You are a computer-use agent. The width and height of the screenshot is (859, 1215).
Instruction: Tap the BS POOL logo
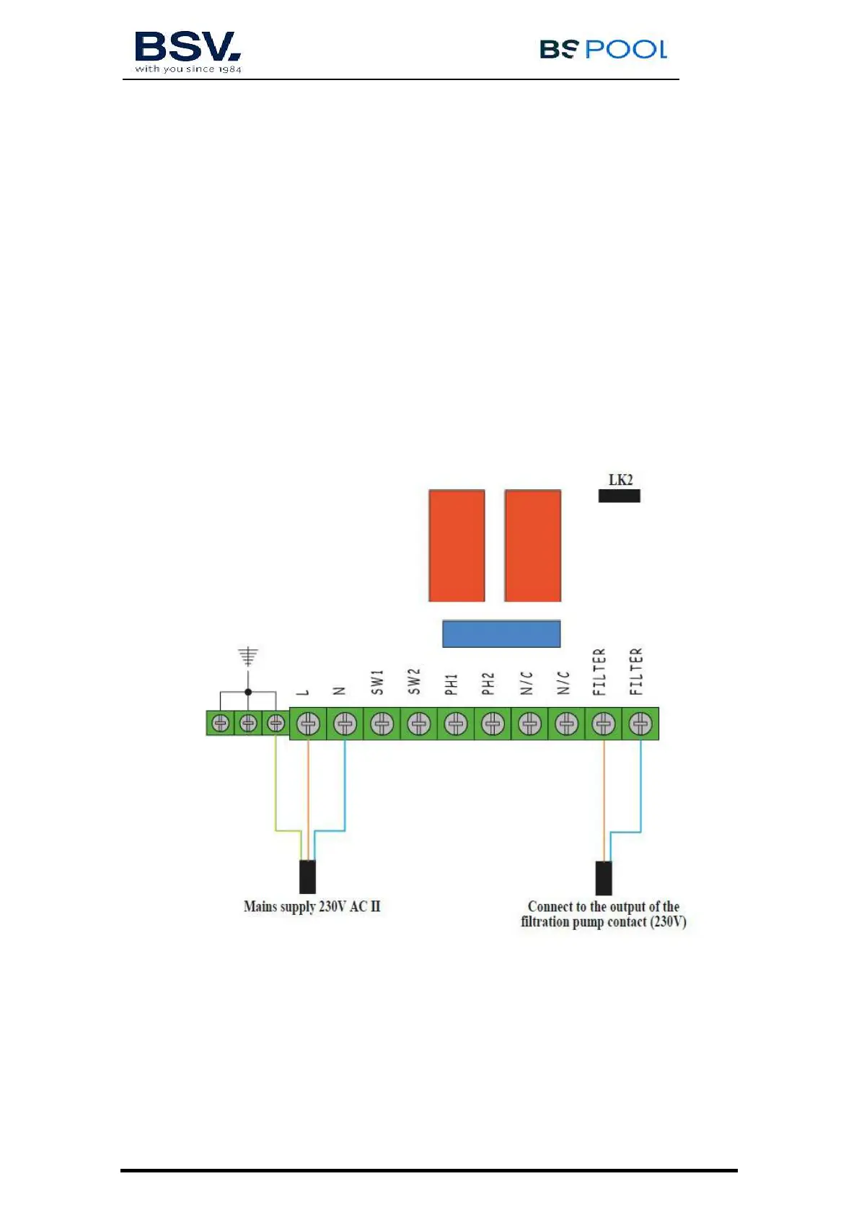click(x=603, y=49)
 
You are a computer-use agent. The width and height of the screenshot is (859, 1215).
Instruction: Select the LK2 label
click(x=620, y=480)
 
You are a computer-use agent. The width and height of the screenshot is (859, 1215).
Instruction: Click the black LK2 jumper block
click(x=619, y=496)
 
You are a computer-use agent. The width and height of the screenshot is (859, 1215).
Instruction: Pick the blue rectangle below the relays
click(x=501, y=633)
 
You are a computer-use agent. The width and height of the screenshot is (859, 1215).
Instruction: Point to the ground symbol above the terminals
click(x=248, y=656)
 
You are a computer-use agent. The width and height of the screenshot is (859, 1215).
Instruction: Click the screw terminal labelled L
click(x=308, y=723)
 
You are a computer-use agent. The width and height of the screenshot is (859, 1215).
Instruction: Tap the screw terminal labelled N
click(x=345, y=723)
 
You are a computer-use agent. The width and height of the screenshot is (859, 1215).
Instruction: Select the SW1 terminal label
click(x=377, y=682)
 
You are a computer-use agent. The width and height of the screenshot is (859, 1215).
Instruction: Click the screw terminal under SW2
click(x=419, y=723)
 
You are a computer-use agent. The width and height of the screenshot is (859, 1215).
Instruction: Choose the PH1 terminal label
click(x=451, y=684)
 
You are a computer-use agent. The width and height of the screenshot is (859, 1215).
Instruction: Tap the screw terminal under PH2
click(x=493, y=723)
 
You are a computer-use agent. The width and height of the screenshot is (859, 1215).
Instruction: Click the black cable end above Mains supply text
click(x=307, y=877)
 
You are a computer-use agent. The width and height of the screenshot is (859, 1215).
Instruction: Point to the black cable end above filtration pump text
click(x=604, y=877)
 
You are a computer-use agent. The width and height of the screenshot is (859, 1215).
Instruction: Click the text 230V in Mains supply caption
click(x=332, y=906)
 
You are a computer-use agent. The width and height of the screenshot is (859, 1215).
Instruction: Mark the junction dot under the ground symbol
click(x=248, y=692)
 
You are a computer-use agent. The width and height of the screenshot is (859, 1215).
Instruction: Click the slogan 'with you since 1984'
click(x=188, y=69)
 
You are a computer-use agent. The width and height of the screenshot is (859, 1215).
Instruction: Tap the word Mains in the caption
click(x=260, y=906)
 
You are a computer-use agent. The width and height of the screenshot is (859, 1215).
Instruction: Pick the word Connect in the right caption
click(x=550, y=906)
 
